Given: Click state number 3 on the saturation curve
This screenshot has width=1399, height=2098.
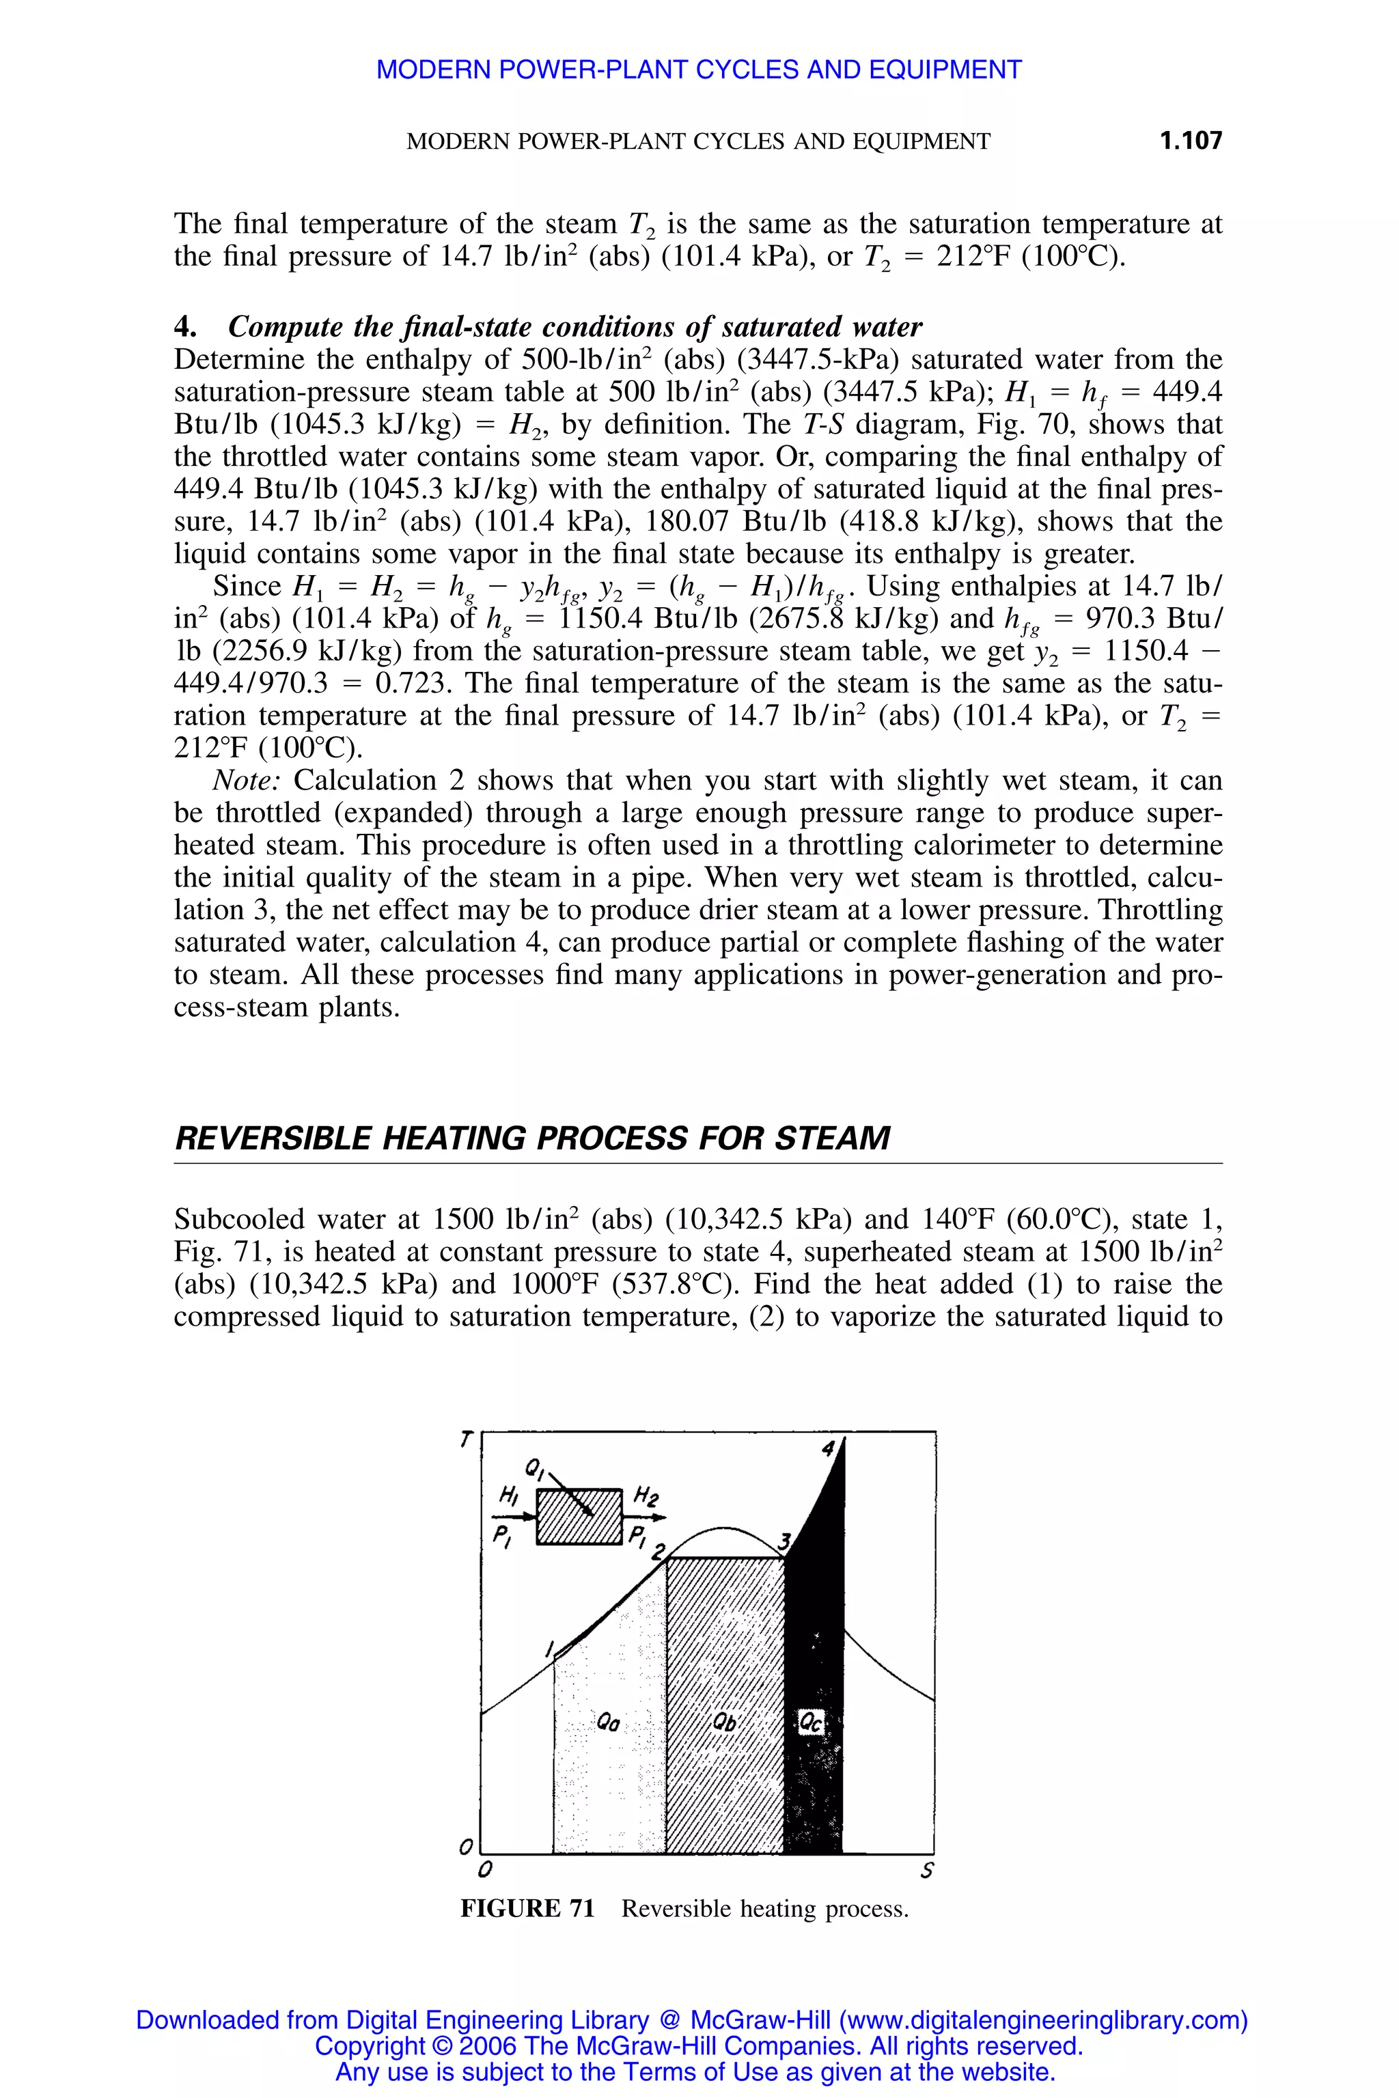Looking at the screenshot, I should [x=784, y=1541].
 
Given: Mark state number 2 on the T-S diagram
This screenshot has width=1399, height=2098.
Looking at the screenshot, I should [x=658, y=1553].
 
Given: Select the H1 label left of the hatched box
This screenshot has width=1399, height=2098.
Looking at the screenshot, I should [x=508, y=1494].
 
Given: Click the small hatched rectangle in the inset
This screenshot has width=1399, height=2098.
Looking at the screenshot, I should [x=578, y=1516].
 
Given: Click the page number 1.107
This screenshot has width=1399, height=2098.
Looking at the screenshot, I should [x=1190, y=141].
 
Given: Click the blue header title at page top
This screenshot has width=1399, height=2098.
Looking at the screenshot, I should [x=699, y=70].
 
